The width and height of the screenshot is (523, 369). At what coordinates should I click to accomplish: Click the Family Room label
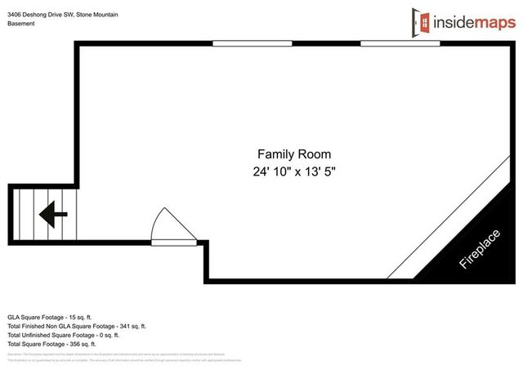(294, 153)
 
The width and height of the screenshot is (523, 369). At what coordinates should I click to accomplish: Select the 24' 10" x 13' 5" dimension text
(294, 172)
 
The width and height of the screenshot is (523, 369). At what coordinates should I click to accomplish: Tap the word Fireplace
(479, 250)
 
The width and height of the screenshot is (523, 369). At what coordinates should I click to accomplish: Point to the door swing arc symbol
(171, 224)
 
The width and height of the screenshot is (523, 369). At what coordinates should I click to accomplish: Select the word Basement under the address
(21, 24)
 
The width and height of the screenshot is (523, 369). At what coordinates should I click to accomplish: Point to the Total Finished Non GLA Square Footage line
(77, 326)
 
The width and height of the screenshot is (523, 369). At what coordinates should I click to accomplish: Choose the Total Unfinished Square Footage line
(64, 335)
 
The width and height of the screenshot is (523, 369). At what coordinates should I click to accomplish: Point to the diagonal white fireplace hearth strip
(445, 220)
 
